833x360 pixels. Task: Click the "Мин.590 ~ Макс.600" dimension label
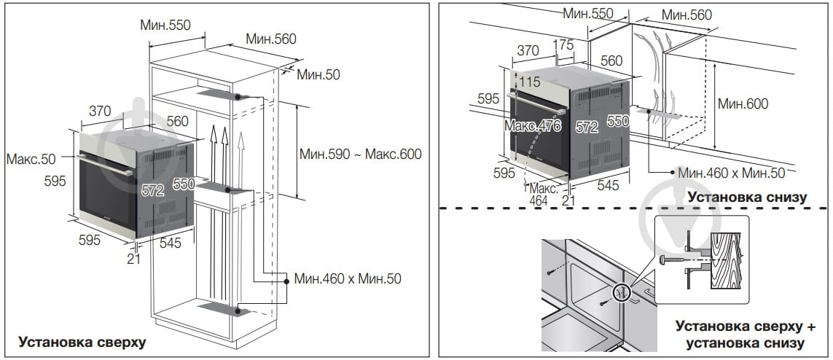click(x=361, y=154)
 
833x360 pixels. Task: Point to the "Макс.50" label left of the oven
click(x=29, y=159)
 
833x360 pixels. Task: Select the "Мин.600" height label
click(x=743, y=103)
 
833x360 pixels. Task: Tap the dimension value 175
click(x=563, y=44)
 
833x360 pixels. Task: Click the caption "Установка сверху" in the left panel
click(x=82, y=340)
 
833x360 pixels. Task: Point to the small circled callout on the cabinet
click(x=622, y=292)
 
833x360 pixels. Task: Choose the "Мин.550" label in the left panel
click(x=165, y=24)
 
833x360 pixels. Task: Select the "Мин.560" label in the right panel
click(x=687, y=15)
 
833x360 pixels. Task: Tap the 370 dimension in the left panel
click(x=99, y=111)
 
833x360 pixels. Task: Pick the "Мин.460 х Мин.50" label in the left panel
click(x=348, y=278)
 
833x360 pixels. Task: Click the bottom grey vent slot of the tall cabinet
click(x=221, y=310)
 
